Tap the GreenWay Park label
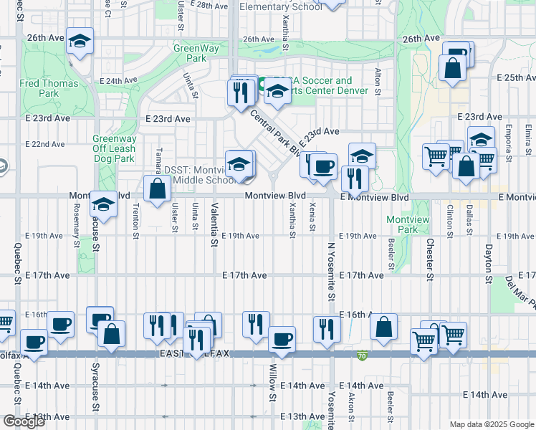coord(190,52)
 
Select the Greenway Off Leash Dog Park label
coord(114,148)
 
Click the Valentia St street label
coord(214,224)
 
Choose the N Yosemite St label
coord(331,272)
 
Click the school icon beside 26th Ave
coord(80,42)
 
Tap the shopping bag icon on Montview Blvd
coord(157,188)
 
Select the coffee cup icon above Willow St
coord(282,339)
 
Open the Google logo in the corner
coord(24,421)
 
